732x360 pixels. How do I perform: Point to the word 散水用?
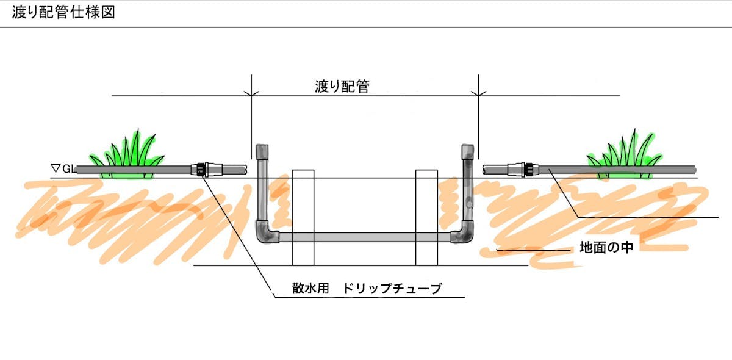(310, 289)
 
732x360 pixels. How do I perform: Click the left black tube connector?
(200, 168)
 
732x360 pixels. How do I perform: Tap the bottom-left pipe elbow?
(265, 234)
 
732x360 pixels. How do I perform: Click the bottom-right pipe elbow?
(463, 234)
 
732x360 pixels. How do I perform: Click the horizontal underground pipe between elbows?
(364, 237)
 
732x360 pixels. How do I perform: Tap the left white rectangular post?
(303, 217)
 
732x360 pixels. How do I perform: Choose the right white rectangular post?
(426, 217)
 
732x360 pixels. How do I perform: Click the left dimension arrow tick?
(251, 95)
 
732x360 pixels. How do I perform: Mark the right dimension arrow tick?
(479, 95)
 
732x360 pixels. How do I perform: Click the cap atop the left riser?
(262, 151)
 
